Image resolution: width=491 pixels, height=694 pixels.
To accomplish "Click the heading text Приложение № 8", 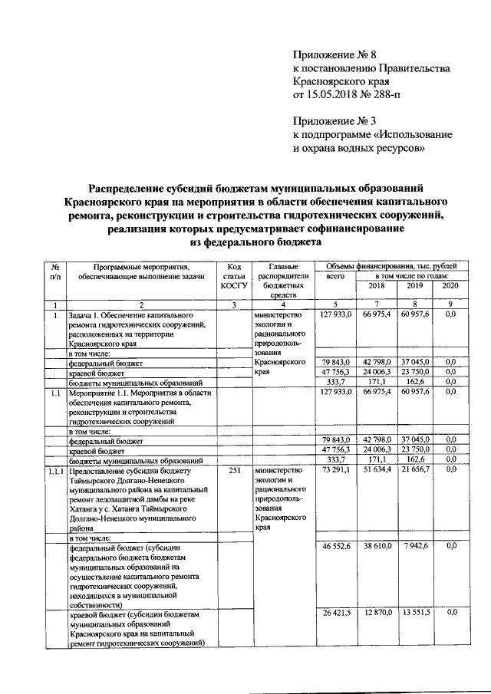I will (x=335, y=55).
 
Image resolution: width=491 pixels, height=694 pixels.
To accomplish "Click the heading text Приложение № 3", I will (x=335, y=120).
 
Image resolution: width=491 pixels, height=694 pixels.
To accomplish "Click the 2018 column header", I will (x=377, y=285).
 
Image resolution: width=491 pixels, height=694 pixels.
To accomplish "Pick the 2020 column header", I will (x=450, y=285).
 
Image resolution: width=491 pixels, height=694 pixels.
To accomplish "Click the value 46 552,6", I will (x=336, y=545).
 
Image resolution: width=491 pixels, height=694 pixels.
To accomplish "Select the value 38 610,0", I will (x=377, y=545).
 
